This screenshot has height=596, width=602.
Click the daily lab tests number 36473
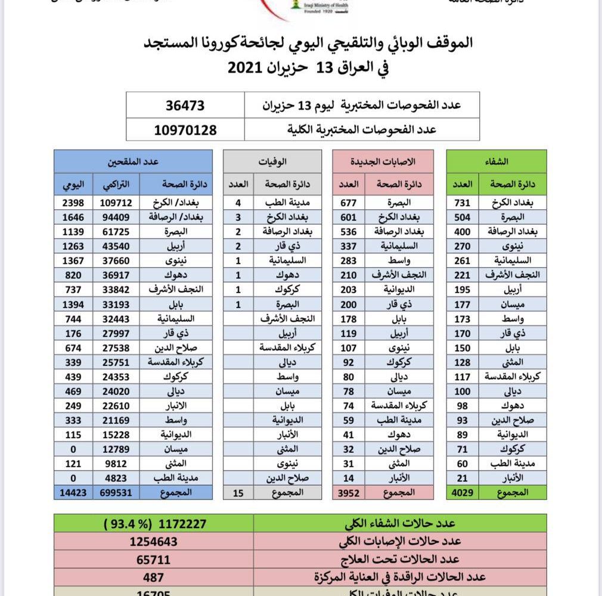pyautogui.click(x=185, y=105)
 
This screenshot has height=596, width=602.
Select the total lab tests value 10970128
pyautogui.click(x=185, y=129)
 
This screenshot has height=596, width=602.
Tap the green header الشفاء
pyautogui.click(x=497, y=162)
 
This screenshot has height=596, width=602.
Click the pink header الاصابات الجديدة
pyautogui.click(x=388, y=162)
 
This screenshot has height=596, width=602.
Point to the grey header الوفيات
pyautogui.click(x=272, y=162)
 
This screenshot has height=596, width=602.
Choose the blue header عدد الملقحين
pyautogui.click(x=133, y=162)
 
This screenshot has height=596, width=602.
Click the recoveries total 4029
pyautogui.click(x=463, y=492)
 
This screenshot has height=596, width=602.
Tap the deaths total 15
pyautogui.click(x=238, y=492)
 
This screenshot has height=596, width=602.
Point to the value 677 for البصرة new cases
pyautogui.click(x=348, y=203)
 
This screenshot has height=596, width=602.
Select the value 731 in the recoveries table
pyautogui.click(x=463, y=203)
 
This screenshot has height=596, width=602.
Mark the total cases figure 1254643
pyautogui.click(x=154, y=542)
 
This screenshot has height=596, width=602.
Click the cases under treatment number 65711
pyautogui.click(x=154, y=560)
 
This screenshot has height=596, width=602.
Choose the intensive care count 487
pyautogui.click(x=154, y=577)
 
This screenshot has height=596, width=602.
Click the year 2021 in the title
pyautogui.click(x=246, y=67)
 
